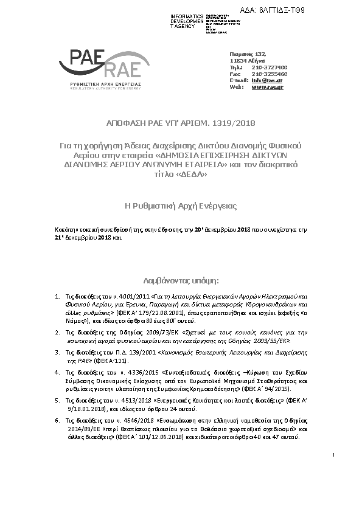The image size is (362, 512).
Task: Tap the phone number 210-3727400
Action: (269, 67)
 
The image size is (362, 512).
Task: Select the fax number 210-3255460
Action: (269, 74)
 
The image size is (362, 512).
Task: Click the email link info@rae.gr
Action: (267, 80)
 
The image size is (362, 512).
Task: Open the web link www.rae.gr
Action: (267, 87)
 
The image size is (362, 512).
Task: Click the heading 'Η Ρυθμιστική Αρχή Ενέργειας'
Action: (180, 207)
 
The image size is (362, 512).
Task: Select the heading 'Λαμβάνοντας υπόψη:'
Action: (180, 282)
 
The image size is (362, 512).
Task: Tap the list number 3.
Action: (57, 352)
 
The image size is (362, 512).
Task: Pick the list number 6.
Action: (57, 420)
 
